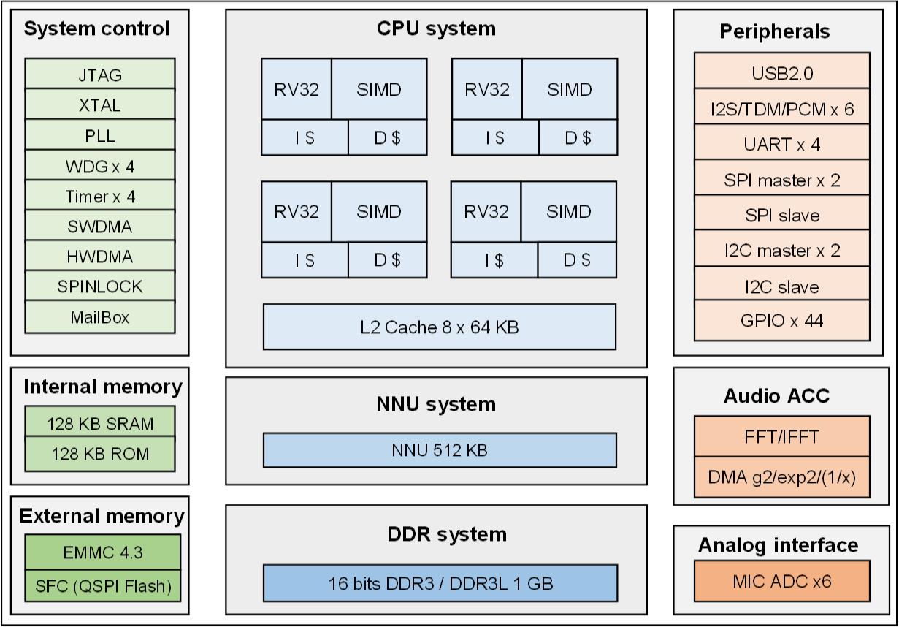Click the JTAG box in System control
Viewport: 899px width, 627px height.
(x=100, y=75)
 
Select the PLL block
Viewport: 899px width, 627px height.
(x=100, y=136)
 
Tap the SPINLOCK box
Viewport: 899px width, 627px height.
(x=100, y=286)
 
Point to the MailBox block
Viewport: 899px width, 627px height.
(x=100, y=317)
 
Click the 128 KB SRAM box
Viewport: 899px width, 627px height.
(x=100, y=423)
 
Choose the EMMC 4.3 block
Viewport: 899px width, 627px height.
(x=102, y=552)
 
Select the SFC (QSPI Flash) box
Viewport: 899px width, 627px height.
(x=102, y=585)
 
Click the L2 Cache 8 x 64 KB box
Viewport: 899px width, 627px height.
(x=439, y=327)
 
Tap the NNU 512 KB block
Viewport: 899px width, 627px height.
(x=439, y=450)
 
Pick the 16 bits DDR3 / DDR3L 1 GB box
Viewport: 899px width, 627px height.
(x=440, y=583)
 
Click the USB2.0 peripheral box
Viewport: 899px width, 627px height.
(x=781, y=72)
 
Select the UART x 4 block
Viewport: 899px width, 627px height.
(x=781, y=144)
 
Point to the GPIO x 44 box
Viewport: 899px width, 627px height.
(x=781, y=321)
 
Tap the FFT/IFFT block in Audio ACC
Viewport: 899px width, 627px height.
(x=781, y=436)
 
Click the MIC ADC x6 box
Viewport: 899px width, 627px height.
(x=781, y=582)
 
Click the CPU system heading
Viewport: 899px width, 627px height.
(x=436, y=28)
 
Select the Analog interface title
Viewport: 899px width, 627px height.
(x=778, y=545)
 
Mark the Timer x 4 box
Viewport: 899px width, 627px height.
(x=100, y=197)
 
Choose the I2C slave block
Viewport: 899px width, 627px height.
(x=781, y=286)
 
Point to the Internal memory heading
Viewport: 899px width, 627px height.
(x=102, y=387)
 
